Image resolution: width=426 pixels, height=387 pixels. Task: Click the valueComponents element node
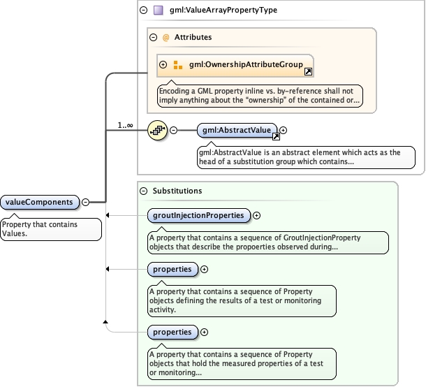pos(40,202)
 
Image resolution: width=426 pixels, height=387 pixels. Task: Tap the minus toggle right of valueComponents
pos(85,202)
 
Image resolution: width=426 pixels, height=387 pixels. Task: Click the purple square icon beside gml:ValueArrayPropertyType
pos(158,11)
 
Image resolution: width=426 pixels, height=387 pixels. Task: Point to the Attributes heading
pos(193,37)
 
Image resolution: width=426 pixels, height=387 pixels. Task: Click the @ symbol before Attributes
pos(166,37)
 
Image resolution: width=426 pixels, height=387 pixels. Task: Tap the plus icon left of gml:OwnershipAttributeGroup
pos(163,65)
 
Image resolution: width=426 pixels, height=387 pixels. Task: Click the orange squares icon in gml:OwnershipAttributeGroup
pos(177,65)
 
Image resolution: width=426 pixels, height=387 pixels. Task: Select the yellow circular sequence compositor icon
pos(157,130)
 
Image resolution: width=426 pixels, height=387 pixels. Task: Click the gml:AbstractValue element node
pos(237,130)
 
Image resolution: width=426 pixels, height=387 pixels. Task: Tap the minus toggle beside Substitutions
pos(144,190)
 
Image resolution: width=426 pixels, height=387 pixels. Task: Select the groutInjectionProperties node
pos(199,215)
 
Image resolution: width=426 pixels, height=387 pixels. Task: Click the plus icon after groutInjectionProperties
pos(257,215)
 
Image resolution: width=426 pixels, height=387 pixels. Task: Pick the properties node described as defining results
pos(172,268)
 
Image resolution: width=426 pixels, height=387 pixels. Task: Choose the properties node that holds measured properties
pos(172,332)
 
